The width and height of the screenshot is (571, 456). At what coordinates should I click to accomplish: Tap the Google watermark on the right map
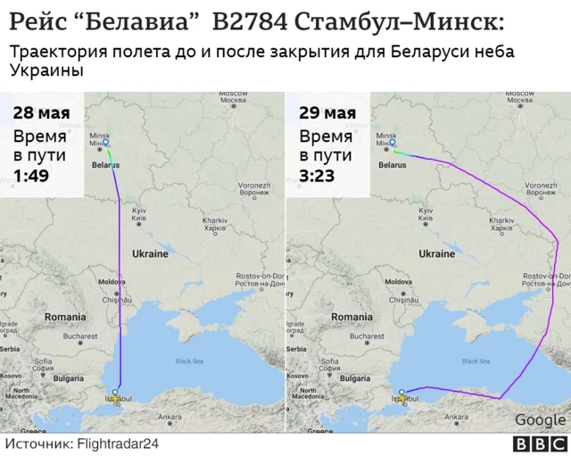[540, 420]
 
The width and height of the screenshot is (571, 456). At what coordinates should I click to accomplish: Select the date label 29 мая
[327, 113]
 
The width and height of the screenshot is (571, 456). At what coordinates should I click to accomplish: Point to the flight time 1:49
[30, 177]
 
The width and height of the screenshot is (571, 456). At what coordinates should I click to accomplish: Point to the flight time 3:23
[317, 177]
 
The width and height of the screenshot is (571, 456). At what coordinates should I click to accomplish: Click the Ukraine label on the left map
[150, 253]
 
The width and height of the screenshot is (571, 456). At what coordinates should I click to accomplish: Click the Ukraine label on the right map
[437, 253]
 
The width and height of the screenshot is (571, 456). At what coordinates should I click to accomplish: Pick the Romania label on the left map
[65, 317]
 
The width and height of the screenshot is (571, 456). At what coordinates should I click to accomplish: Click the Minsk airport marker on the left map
[106, 141]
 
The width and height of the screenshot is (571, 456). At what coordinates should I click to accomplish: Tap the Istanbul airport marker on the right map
[402, 392]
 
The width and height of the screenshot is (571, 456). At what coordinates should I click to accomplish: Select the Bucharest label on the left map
[80, 336]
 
